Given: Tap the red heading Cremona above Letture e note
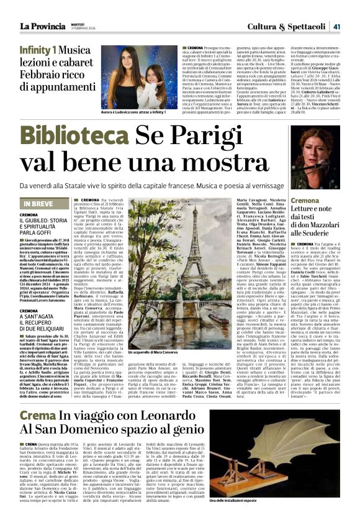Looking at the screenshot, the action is point(305,201).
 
